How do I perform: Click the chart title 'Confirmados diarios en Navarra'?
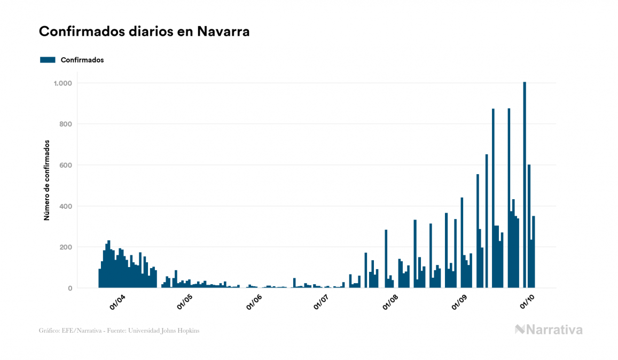pos(144,32)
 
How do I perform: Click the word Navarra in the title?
pos(223,32)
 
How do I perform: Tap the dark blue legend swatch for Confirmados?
pos(48,60)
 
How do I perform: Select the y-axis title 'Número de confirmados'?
pos(46,181)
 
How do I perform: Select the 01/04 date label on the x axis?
pos(117,302)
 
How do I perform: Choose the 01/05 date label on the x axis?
pos(185,302)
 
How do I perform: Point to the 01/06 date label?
pos(254,302)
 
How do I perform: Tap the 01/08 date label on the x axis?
pos(391,302)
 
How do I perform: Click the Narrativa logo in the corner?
pos(549,330)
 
